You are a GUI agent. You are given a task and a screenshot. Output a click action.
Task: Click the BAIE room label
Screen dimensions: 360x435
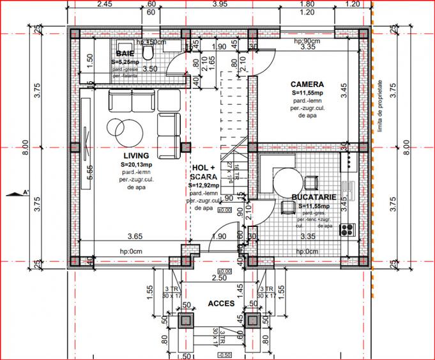(x=125, y=54)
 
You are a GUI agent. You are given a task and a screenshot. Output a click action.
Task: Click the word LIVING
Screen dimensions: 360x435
(x=136, y=155)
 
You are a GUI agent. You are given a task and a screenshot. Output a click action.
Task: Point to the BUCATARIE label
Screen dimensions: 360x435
(x=310, y=198)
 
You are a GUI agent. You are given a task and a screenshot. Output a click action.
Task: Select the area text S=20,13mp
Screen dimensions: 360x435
(x=140, y=164)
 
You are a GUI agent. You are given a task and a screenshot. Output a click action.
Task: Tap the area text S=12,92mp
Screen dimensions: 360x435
(x=203, y=185)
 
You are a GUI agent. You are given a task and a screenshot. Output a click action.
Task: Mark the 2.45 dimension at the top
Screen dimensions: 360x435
(x=103, y=4)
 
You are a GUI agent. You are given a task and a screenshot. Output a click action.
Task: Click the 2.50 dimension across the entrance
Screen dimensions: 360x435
(x=219, y=278)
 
